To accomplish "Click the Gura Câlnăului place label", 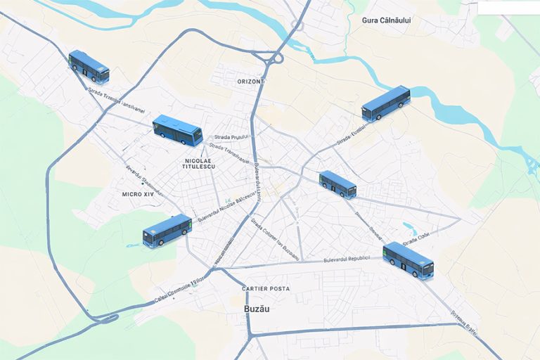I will tap(386, 20).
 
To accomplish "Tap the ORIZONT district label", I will tap(251, 82).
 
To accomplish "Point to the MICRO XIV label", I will tap(138, 193).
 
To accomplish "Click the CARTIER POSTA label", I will tap(266, 289).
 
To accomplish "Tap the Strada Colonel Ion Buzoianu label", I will tap(275, 239).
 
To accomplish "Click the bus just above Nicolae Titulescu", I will tap(177, 129).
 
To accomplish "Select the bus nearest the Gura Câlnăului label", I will tap(385, 103).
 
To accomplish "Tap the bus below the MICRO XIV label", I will tap(167, 231).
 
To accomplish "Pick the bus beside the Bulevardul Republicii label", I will tap(408, 260).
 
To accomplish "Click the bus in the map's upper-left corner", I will tap(89, 67).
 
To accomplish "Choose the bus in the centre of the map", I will tap(337, 184).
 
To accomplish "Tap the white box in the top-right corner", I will tap(508, 7).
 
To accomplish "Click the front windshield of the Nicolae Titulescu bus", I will tap(198, 136).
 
